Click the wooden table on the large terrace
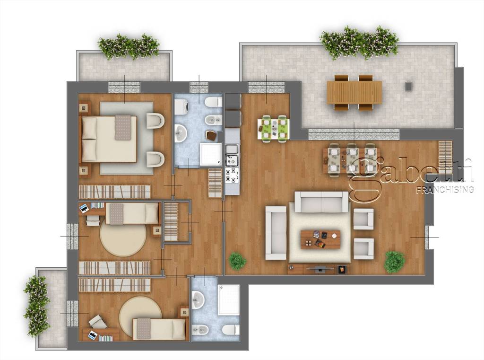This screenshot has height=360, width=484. [x=354, y=92]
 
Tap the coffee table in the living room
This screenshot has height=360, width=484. [x=320, y=239]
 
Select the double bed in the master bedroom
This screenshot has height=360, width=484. [x=109, y=139]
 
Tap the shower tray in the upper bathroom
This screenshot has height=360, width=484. [x=211, y=154]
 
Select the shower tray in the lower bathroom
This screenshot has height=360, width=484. [x=229, y=300]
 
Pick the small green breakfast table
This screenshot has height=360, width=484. [x=274, y=128]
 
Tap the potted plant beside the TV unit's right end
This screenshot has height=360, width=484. [x=394, y=262]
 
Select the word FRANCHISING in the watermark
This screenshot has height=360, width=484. [x=445, y=189]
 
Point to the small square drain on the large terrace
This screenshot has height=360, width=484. [x=409, y=86]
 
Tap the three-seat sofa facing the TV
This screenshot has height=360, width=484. [x=321, y=202]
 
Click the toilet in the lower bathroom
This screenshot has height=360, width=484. [x=231, y=330]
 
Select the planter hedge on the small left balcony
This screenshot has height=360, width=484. [x=37, y=306]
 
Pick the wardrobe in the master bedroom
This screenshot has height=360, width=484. [x=114, y=192]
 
